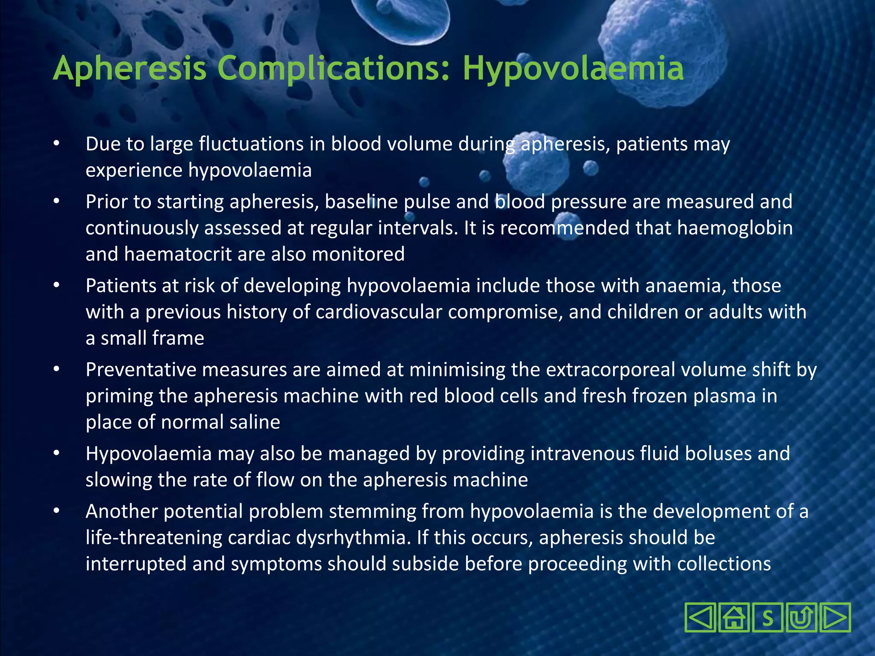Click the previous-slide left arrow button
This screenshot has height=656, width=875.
point(700,618)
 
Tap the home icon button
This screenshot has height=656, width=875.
point(734,618)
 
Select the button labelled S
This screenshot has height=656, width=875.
point(767,618)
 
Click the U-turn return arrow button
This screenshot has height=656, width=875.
point(801,618)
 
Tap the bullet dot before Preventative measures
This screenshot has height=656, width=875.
point(56,370)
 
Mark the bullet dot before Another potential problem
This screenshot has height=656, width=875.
point(56,511)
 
